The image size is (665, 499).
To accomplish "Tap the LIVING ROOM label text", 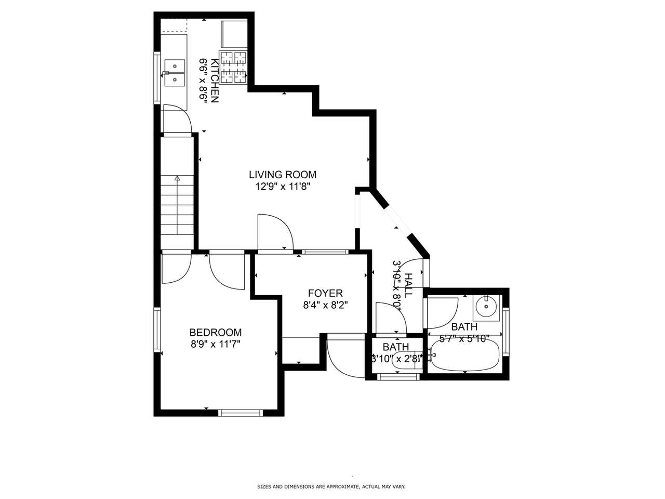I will pos(282,175).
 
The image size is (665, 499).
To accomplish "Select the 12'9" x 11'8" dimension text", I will pos(282,187).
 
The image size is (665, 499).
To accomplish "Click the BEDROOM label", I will pos(215,333).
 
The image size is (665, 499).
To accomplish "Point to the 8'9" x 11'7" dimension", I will pos(215,344).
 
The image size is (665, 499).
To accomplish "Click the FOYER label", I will pos(325,294).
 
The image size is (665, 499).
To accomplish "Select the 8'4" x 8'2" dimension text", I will pos(325,306).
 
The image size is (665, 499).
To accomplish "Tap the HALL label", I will pos(409,285).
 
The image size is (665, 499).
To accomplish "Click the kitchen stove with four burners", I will pos(233,67).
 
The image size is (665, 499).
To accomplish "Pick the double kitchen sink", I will pos(175,72).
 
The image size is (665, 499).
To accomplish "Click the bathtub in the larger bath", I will pos(465,356).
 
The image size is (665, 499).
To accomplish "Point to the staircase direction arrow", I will pos(177,178).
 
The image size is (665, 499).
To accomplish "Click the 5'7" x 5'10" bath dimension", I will pos(464,339).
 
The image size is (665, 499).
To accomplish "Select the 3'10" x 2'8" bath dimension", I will pos(396,358).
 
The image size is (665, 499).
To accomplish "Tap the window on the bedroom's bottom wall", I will pos(240,413).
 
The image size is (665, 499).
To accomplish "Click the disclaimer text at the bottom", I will pos(331,487).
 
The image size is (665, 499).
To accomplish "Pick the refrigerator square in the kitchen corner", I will pos(234,34).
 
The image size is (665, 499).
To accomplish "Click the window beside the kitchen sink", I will pos(156,77).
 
